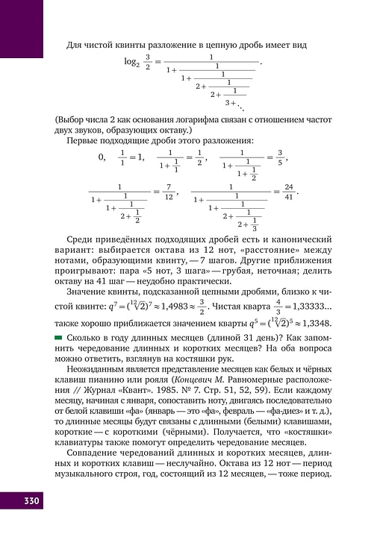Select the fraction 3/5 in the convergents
(280, 157)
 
